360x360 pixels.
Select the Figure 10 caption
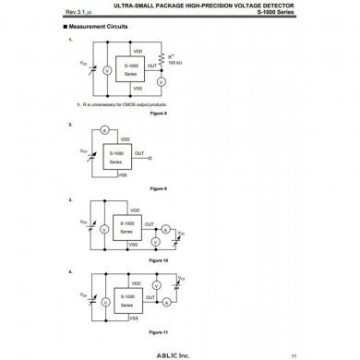tap(158, 260)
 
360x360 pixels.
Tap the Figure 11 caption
tap(158, 330)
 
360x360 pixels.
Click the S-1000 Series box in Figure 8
tap(134, 70)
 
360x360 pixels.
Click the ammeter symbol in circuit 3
tap(165, 226)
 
